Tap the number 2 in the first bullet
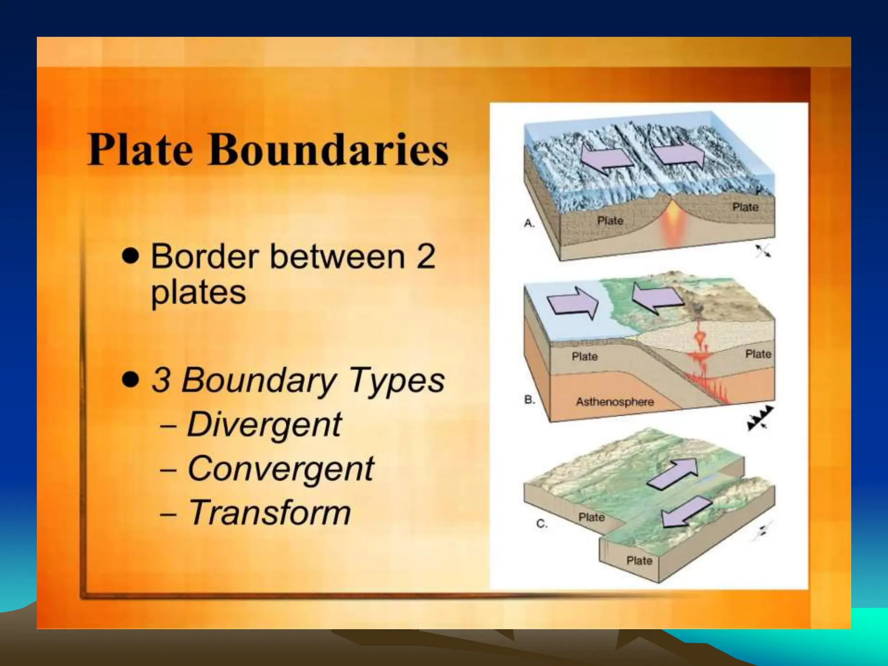(425, 257)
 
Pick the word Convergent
(280, 469)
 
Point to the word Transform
(269, 513)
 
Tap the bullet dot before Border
(131, 256)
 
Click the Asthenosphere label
(614, 402)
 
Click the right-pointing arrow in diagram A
(679, 155)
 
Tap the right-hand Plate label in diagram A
(745, 207)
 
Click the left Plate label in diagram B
(584, 357)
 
